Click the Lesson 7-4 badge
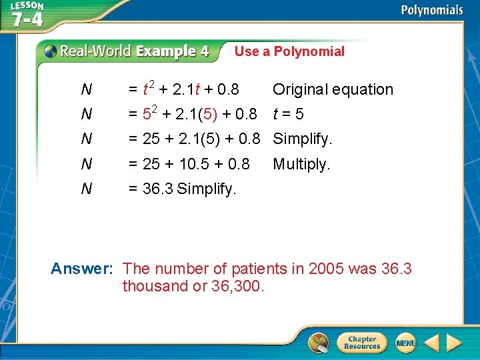point(27,14)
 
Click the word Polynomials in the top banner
point(431,10)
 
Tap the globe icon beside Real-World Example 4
point(51,51)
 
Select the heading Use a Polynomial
point(289,51)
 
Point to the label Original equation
point(333,89)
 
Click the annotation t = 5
point(288,114)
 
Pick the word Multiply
point(301,164)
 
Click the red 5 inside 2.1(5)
point(211,114)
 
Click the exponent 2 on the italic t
point(151,84)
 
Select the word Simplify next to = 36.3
point(207,189)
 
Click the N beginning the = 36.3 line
point(86,189)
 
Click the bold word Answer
point(82,269)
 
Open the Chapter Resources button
point(362,343)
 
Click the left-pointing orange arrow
point(432,343)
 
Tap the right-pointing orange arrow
point(454,343)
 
